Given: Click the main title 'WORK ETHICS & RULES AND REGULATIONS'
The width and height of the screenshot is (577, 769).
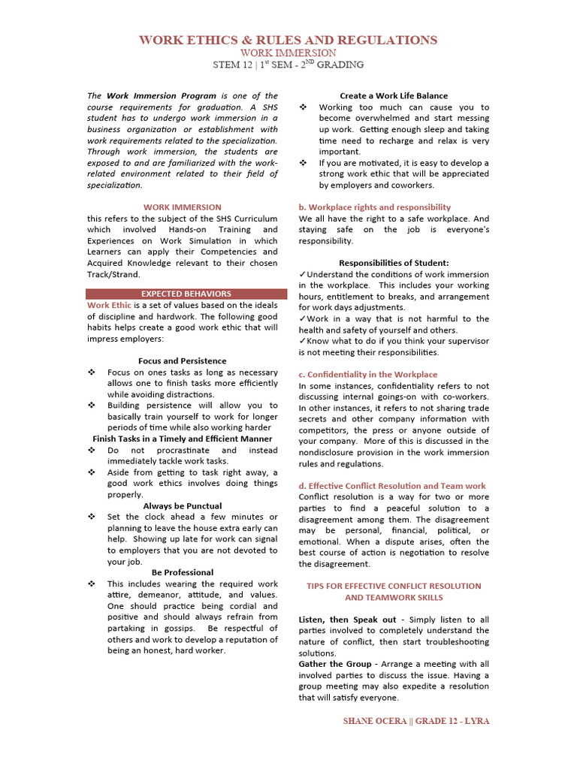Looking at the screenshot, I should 288,40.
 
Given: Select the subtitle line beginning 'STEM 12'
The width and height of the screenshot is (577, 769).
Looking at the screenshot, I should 288,65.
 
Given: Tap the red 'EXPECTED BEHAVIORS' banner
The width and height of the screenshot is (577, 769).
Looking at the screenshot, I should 186,294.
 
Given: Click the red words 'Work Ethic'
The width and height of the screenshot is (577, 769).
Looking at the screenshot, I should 109,305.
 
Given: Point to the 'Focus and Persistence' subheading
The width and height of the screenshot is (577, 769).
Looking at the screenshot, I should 182,360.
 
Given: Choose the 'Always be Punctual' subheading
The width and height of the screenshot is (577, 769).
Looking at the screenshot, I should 182,505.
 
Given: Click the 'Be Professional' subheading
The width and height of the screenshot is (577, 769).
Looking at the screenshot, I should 182,572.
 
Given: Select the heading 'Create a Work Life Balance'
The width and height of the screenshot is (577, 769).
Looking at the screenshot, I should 393,95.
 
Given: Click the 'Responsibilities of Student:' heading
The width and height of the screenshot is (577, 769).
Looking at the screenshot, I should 393,263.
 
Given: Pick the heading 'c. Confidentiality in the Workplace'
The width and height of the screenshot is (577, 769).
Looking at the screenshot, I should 367,374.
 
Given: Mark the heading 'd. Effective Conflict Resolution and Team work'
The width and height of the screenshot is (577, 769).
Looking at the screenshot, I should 391,486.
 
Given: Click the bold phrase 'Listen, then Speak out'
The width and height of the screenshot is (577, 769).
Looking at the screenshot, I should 347,620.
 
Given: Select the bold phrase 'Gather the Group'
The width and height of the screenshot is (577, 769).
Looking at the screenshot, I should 334,664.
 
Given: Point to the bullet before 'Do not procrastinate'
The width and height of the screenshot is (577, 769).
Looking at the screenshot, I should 92,450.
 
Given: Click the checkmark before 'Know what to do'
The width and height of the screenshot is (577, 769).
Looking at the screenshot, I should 302,341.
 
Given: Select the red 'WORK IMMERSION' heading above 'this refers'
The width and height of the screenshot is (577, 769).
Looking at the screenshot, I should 182,207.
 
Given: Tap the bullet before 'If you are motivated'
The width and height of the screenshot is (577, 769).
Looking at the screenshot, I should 303,163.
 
